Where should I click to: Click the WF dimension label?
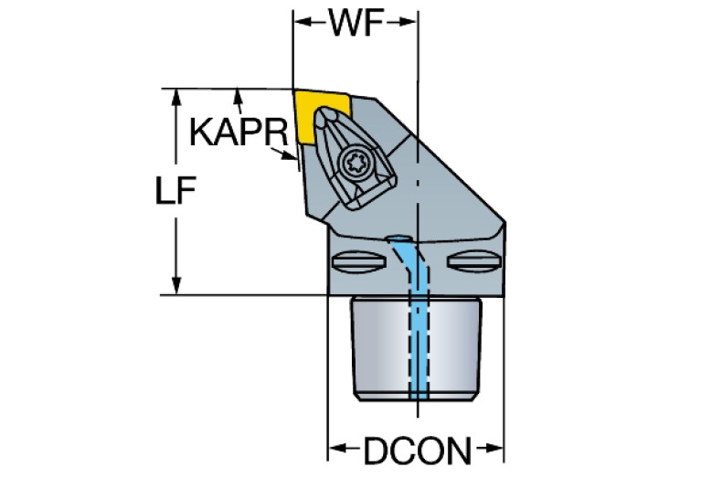click(356, 23)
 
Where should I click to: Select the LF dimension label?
click(175, 190)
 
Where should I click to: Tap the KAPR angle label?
click(239, 132)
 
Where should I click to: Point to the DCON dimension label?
click(418, 451)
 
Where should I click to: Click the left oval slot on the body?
click(358, 261)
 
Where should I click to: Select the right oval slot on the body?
click(474, 260)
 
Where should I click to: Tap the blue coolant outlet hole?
click(398, 239)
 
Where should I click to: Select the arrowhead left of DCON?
click(338, 448)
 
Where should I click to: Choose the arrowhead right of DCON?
click(494, 448)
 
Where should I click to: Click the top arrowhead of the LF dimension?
click(176, 98)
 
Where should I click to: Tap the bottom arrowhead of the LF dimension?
click(176, 286)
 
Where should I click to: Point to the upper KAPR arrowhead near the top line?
click(239, 97)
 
